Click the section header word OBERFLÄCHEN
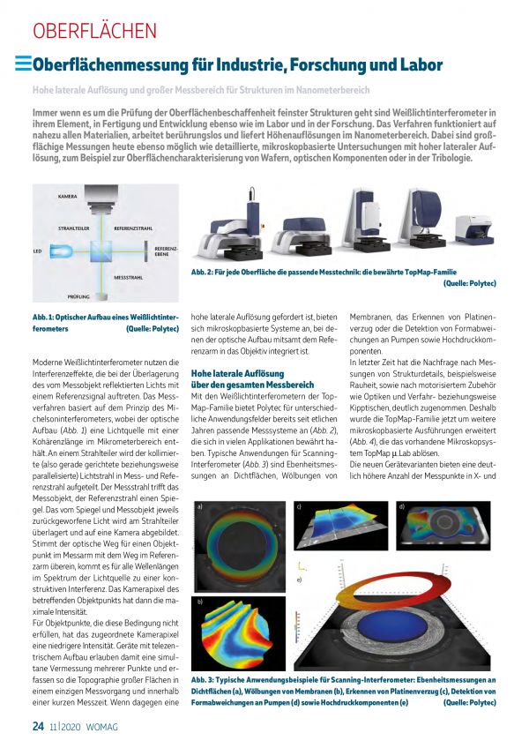click(94, 31)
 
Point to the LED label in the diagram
click(37, 251)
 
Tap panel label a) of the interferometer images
click(201, 507)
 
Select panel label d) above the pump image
click(401, 507)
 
